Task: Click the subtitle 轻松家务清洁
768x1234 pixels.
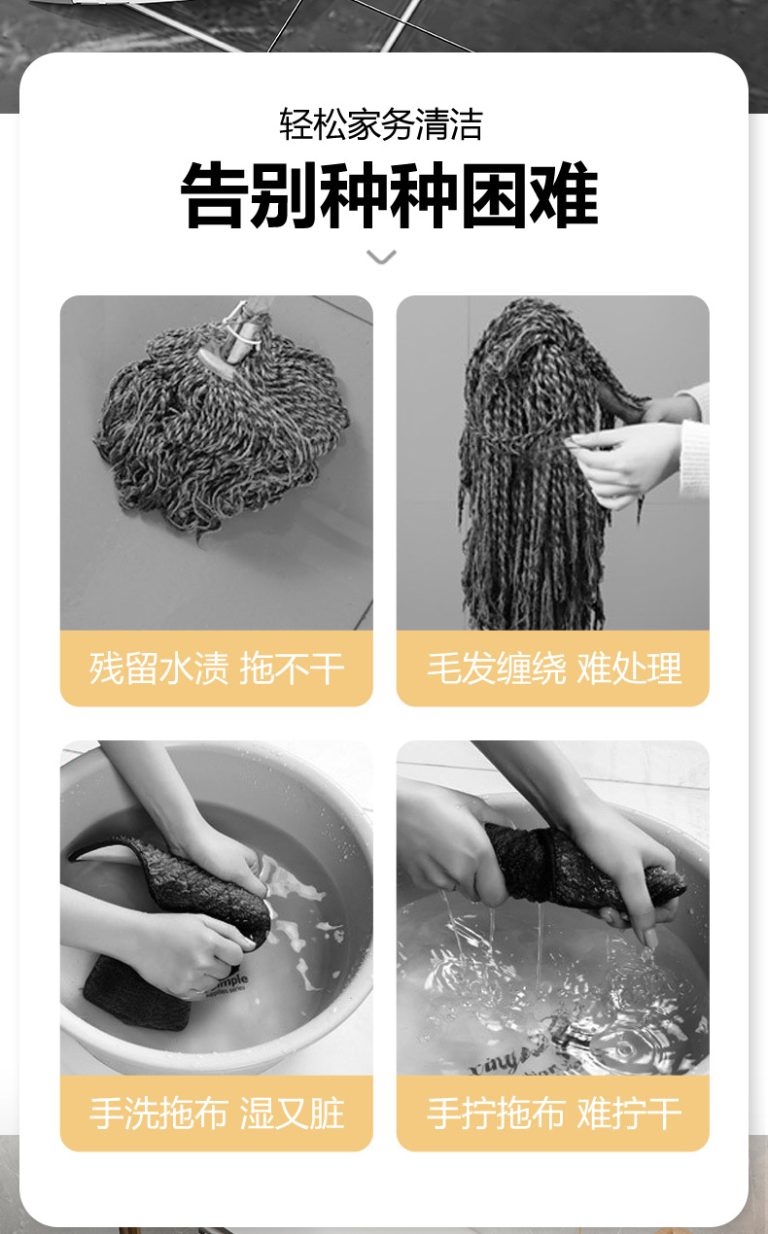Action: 381,124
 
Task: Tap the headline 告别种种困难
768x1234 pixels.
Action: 389,196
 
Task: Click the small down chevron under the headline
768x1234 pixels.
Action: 381,257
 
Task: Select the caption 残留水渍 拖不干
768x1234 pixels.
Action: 216,668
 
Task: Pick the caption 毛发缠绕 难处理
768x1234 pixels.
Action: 553,668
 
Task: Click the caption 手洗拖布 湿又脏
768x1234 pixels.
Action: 216,1113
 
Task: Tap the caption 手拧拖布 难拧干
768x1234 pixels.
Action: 553,1113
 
